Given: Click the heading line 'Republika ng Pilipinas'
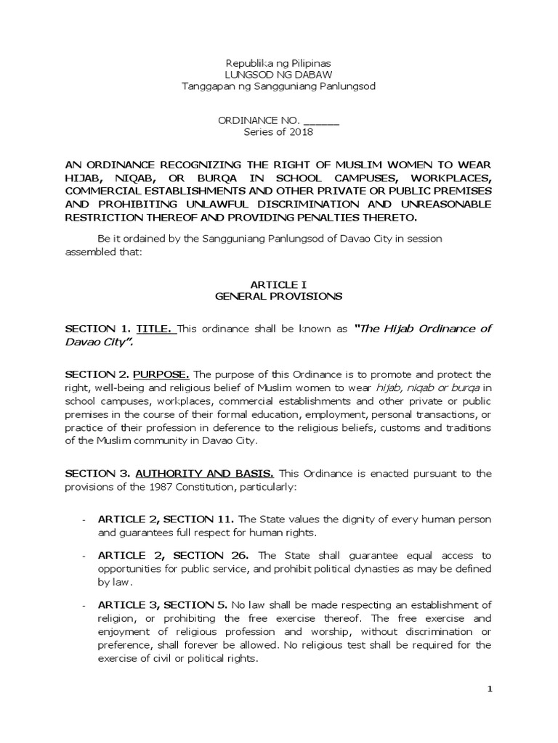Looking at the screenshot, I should tap(278, 63).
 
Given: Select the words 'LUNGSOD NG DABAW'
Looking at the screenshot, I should tap(278, 75).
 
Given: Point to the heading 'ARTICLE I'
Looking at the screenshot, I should tap(279, 285).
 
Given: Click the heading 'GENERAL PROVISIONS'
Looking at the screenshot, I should tap(279, 297).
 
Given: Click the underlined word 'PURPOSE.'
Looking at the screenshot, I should tap(161, 374).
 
